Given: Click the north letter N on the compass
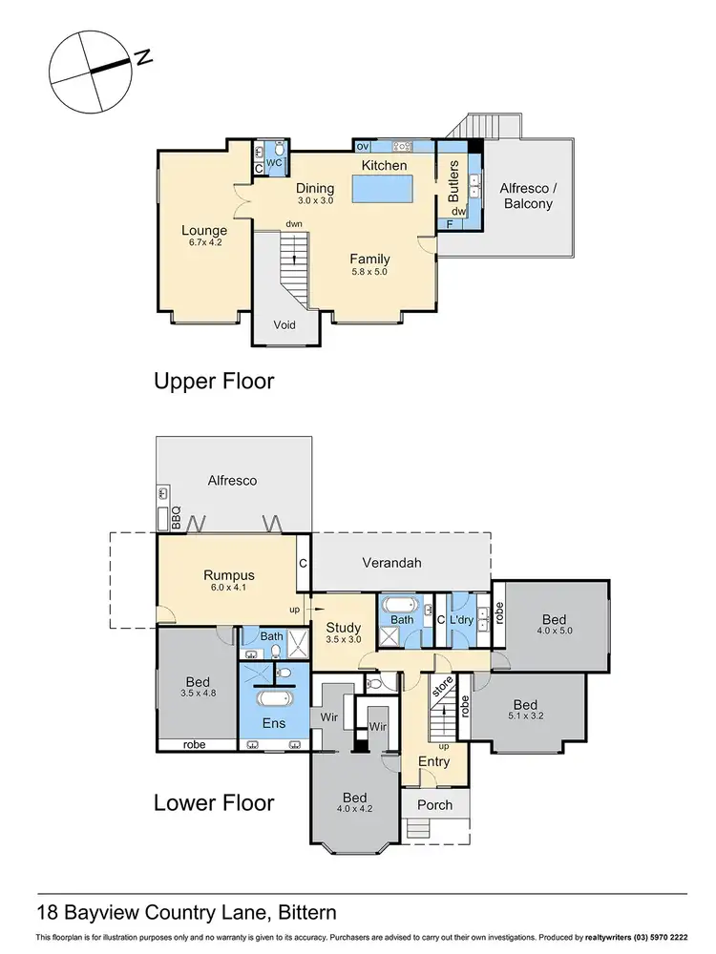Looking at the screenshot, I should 144,58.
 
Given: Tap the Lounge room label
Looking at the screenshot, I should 205,230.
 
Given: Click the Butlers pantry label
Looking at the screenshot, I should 454,178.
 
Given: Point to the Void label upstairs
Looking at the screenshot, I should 284,324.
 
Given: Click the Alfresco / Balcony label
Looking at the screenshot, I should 527,196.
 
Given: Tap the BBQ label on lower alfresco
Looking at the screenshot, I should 177,517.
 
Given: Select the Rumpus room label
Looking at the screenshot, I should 228,574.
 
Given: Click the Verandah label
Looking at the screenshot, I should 393,563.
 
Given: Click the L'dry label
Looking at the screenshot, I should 462,621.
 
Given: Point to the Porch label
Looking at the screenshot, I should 435,804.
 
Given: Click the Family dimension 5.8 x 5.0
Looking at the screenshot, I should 370,273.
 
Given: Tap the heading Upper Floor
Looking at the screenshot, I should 214,382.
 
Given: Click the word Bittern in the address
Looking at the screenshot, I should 300,912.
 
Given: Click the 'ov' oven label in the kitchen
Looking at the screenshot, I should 362,146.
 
